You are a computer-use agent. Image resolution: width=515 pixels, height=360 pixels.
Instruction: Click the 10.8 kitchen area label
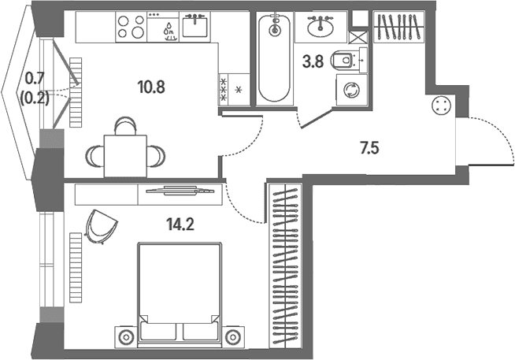coord(151,87)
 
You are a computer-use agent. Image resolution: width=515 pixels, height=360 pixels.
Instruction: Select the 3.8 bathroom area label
coord(313,61)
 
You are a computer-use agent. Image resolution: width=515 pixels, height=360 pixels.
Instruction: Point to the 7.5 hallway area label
coord(369,148)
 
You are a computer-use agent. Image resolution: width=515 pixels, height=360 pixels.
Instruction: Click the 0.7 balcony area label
coord(35,79)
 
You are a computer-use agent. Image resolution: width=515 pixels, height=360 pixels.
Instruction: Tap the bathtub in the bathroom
coord(274,58)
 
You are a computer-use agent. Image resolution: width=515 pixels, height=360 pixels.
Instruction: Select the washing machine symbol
coord(351,90)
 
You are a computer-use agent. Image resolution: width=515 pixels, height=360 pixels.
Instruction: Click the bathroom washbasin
coord(320,26)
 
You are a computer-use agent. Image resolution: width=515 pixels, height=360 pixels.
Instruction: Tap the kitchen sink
coord(195,26)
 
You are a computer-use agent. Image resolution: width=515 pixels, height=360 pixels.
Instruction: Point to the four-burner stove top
coord(132,27)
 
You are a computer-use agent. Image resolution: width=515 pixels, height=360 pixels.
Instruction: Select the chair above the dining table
coord(125,125)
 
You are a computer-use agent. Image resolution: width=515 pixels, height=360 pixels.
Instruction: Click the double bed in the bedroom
coord(180,295)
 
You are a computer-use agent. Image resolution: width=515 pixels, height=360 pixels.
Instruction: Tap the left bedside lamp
coord(125,337)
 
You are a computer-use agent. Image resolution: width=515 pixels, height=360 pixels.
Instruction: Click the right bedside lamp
coord(233,337)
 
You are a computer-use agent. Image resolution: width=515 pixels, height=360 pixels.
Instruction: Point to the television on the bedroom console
coord(180,191)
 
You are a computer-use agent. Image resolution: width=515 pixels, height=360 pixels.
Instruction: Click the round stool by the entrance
coord(442,106)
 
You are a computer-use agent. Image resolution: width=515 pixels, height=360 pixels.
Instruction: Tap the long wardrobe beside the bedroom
coord(285,265)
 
